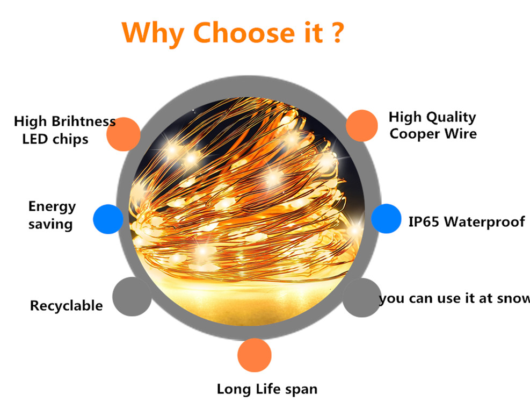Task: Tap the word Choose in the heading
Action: click(244, 32)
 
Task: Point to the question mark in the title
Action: click(337, 32)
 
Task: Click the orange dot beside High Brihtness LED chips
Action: click(124, 134)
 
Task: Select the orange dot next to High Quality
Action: click(362, 125)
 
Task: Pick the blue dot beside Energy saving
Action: click(108, 219)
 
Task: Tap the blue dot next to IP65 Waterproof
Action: click(386, 219)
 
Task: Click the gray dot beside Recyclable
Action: click(132, 297)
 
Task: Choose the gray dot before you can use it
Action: click(362, 298)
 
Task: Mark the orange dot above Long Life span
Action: click(255, 355)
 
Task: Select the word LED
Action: click(35, 139)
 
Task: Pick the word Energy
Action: click(52, 207)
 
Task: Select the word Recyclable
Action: click(66, 306)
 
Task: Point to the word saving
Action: click(50, 225)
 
